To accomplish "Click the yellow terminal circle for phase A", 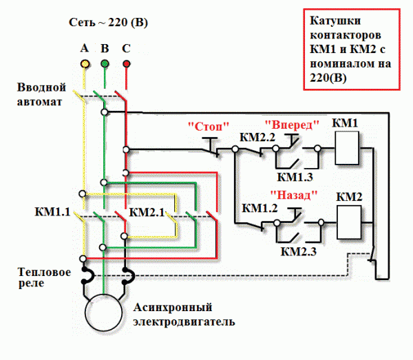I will (x=84, y=64).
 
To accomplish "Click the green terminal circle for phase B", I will (x=105, y=64).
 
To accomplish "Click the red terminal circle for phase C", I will (x=126, y=64).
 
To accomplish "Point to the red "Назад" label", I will (x=293, y=195).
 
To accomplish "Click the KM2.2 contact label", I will (x=257, y=137).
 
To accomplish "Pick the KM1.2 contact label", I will (x=260, y=208).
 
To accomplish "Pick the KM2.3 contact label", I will (x=298, y=251).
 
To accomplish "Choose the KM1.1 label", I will (x=52, y=211).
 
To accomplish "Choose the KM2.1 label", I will (x=147, y=211).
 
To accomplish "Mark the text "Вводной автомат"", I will (x=42, y=95).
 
